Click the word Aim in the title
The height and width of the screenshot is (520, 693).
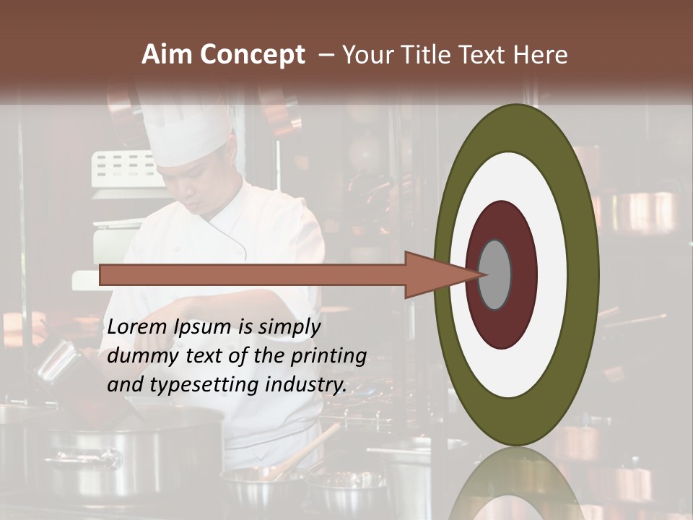tap(167, 55)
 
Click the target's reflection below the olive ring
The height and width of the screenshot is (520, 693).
tap(515, 484)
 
